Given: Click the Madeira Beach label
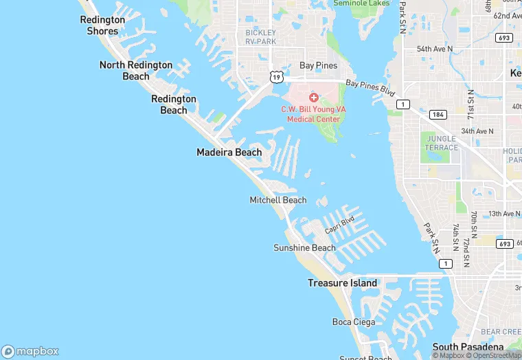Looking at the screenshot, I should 229,152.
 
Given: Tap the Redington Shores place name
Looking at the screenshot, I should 103,25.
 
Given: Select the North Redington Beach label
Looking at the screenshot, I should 136,70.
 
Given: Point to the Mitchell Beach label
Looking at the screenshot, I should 277,200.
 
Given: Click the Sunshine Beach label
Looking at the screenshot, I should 304,248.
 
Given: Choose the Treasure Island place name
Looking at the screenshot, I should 342,283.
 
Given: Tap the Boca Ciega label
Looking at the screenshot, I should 353,322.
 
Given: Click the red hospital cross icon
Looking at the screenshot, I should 314,98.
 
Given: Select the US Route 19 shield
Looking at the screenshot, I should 276,78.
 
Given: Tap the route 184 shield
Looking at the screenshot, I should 438,114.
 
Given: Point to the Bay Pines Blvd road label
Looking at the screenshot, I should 371,87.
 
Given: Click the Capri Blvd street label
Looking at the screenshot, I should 339,223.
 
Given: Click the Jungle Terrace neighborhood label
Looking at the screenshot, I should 442,143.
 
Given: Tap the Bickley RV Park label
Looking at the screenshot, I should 261,37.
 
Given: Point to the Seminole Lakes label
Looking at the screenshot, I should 361,3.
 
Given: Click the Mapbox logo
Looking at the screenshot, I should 30,351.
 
